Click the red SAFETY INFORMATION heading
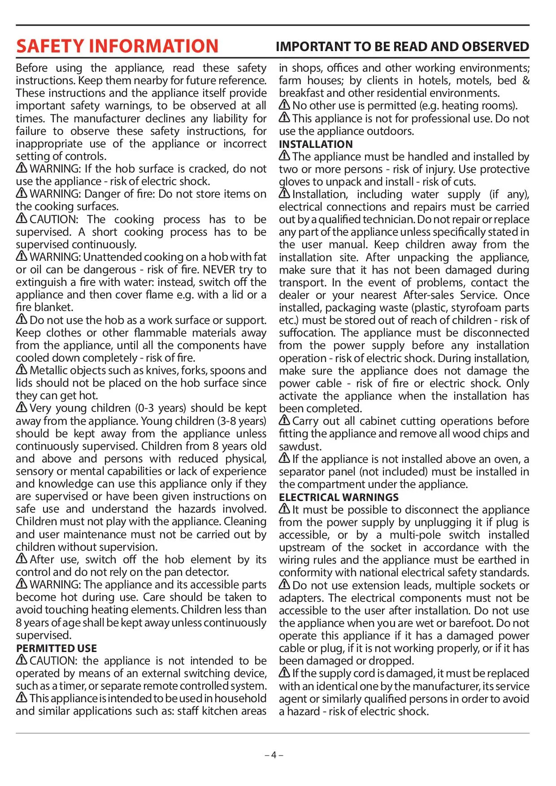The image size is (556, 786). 117,46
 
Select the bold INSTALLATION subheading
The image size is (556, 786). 316,144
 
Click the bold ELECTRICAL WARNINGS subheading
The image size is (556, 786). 339,497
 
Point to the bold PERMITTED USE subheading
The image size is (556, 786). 56,648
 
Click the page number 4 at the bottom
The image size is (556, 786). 274,755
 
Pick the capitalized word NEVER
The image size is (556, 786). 219,270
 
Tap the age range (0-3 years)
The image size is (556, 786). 161,408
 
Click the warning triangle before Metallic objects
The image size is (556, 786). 22,370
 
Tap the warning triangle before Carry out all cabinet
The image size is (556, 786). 284,420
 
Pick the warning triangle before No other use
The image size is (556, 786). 284,105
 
